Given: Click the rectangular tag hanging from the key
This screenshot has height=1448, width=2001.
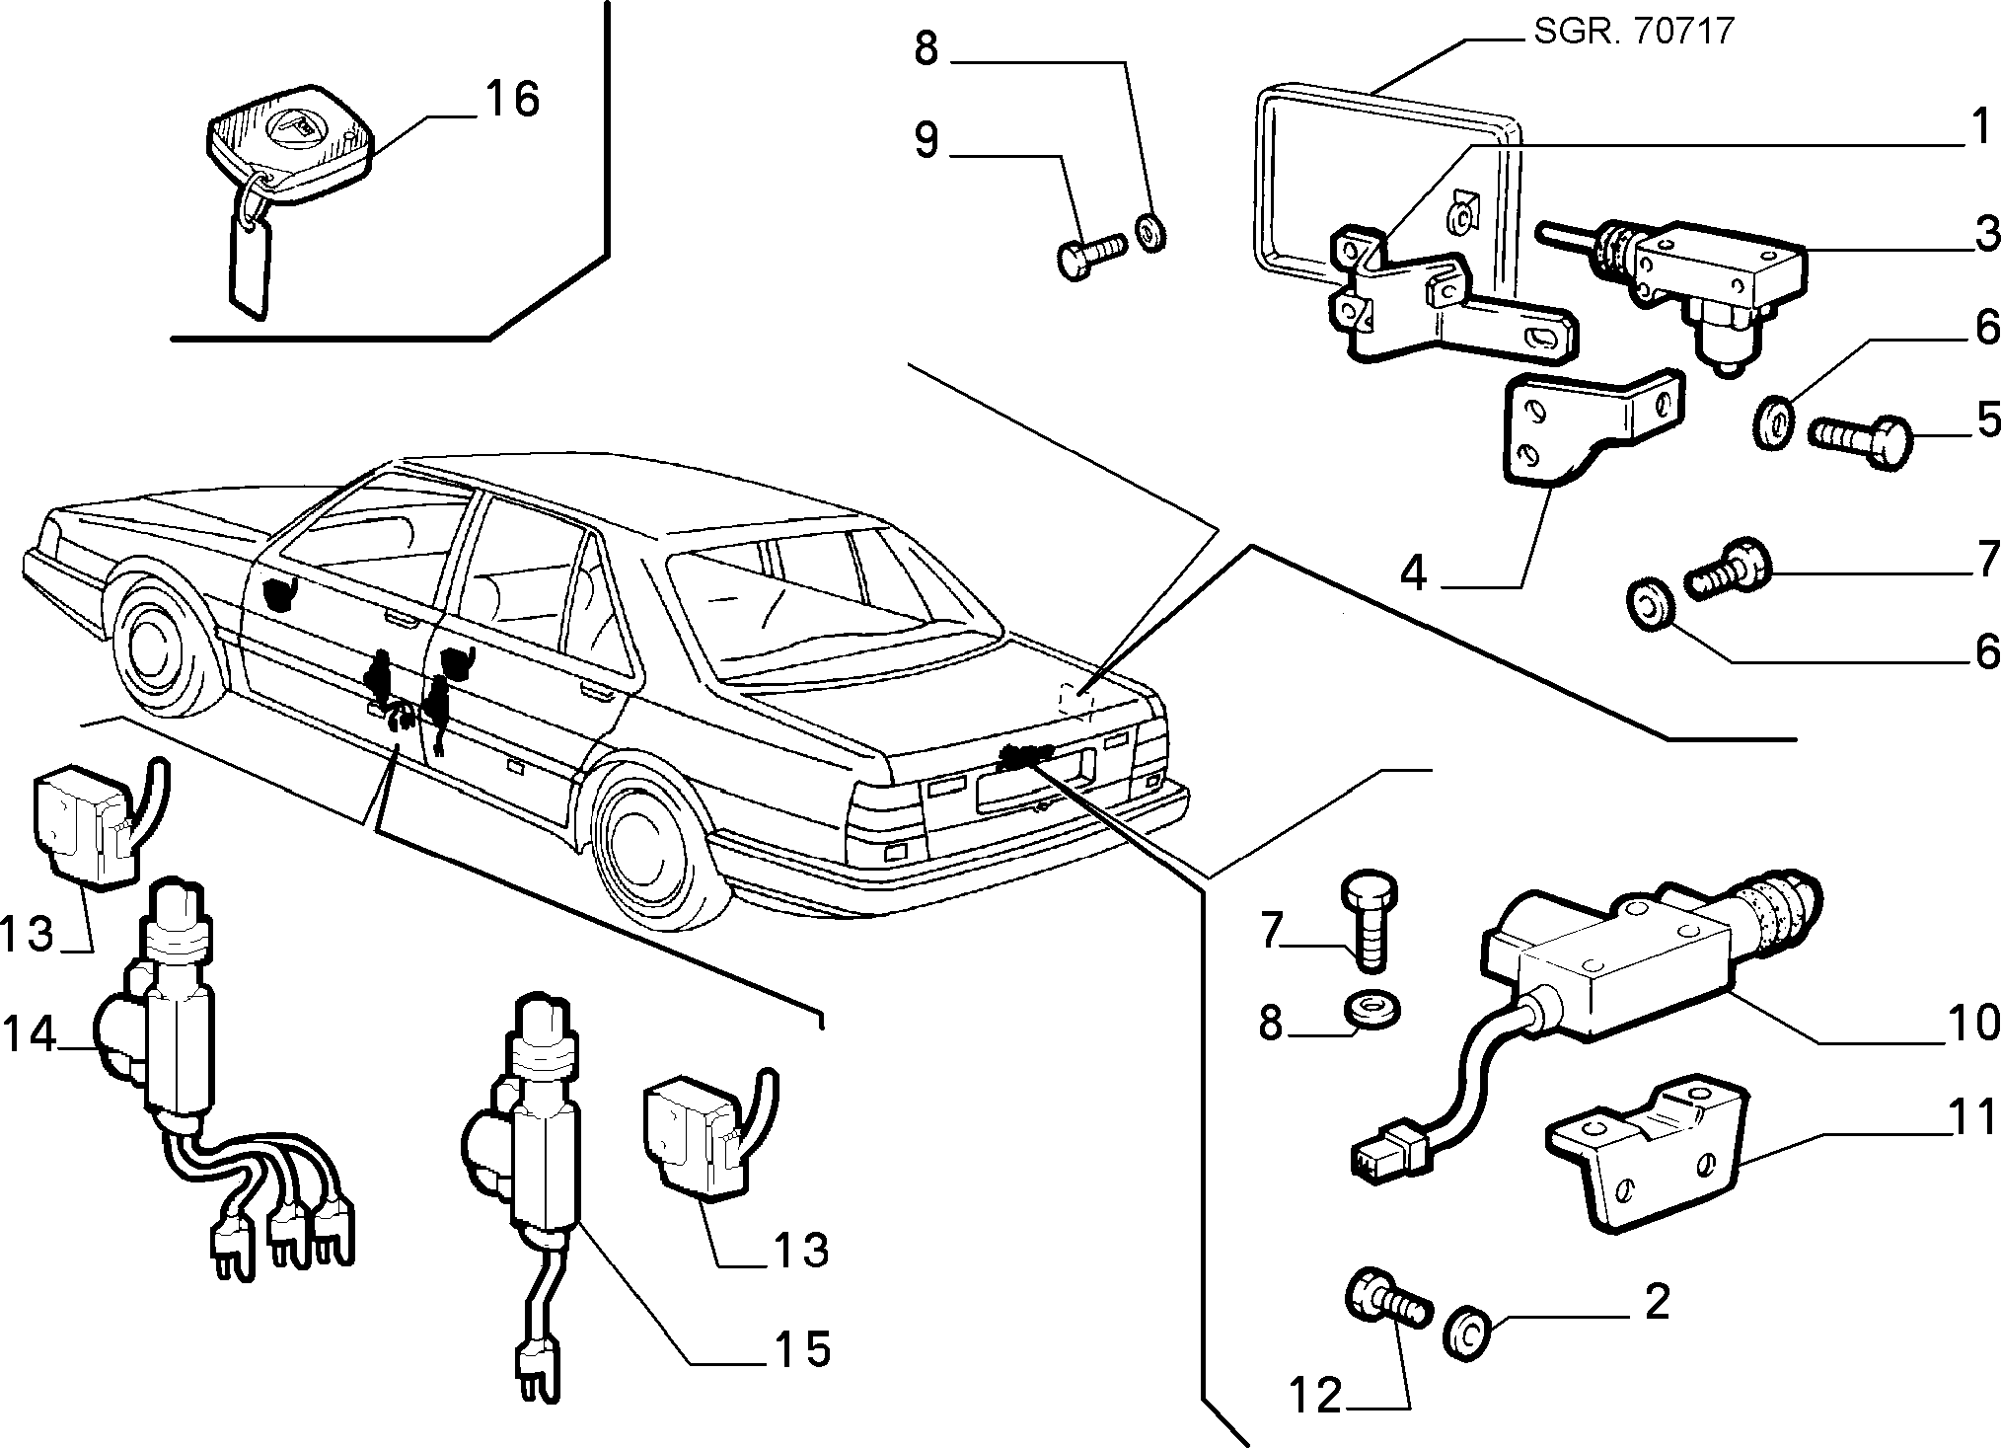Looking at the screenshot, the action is click(x=250, y=262).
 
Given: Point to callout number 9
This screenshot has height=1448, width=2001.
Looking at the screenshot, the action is click(x=926, y=140).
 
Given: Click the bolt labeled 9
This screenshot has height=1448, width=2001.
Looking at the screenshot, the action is click(x=1090, y=253).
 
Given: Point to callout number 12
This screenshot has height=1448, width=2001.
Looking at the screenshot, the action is click(x=1316, y=1394).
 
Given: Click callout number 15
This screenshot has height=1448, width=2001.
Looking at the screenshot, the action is click(x=800, y=1348).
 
